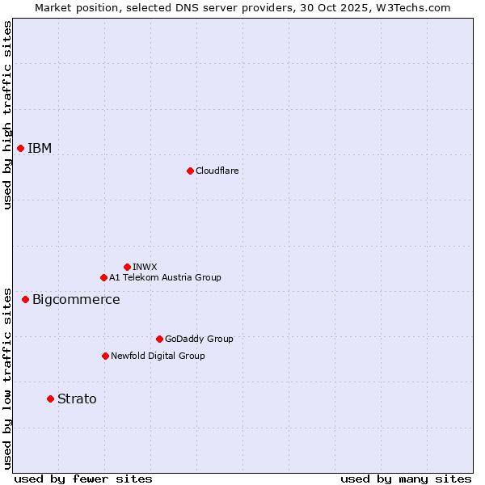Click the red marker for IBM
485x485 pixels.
(20, 148)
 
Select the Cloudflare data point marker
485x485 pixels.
(190, 171)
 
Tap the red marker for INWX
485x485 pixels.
(127, 267)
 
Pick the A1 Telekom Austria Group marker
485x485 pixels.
(103, 277)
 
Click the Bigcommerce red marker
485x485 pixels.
(25, 299)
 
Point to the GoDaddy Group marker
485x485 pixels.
(159, 339)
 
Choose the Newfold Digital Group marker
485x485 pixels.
(105, 356)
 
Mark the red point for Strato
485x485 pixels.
(50, 399)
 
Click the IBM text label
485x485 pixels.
(40, 148)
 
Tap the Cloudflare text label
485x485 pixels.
(217, 171)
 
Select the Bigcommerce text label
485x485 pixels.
(76, 300)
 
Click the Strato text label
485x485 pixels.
(77, 399)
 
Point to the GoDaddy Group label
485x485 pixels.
(199, 339)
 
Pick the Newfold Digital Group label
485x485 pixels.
(158, 356)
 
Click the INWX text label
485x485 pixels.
(145, 267)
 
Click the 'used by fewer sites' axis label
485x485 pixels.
(82, 479)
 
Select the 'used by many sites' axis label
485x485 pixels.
(406, 479)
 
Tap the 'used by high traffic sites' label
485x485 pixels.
(7, 115)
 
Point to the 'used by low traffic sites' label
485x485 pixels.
(7, 377)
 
